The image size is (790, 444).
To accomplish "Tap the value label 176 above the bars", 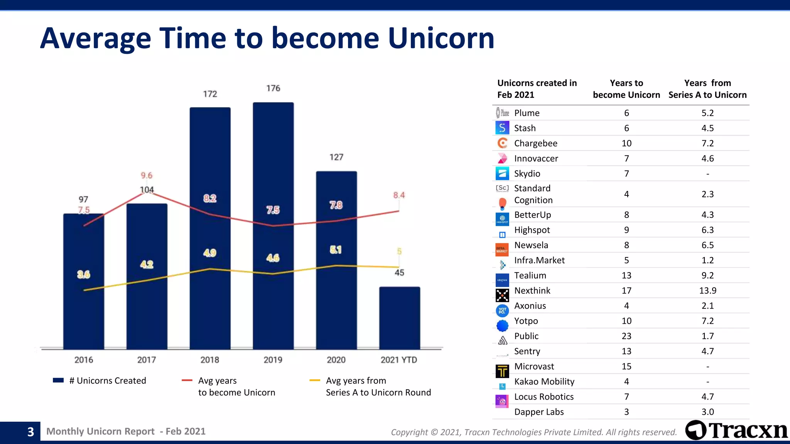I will point(273,88).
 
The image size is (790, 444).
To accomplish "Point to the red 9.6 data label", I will point(147,175).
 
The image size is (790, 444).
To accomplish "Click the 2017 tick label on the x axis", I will point(147,360).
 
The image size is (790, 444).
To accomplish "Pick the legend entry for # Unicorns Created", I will point(100,381).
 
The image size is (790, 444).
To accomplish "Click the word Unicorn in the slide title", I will point(441,38).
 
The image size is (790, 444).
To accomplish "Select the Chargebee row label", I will point(535,143).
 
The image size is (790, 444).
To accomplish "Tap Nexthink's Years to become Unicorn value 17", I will point(626,291).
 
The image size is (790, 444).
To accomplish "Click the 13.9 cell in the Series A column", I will point(707,291).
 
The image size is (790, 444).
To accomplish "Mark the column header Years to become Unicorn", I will point(626,89).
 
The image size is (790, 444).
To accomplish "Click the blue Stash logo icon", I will point(502,128).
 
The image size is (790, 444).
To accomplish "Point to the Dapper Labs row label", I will point(538,412).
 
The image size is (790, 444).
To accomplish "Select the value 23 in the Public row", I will point(626,336).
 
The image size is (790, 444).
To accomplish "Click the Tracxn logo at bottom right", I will point(736,430).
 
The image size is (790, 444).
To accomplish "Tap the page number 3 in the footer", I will point(30,432).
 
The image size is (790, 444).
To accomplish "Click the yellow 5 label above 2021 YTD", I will point(399,252).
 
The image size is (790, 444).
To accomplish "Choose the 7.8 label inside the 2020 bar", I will point(336,205).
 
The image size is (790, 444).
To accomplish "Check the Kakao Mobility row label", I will point(544,382).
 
